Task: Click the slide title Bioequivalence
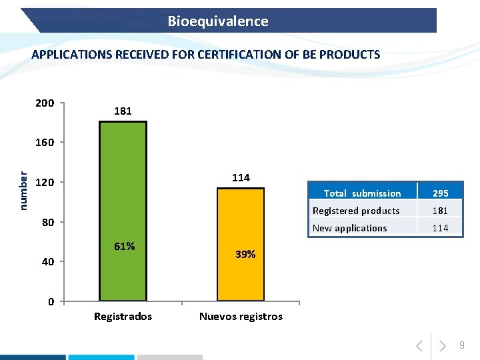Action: click(x=218, y=21)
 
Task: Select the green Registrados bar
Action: click(x=123, y=211)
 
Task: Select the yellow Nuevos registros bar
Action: click(x=240, y=244)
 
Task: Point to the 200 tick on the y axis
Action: click(x=45, y=103)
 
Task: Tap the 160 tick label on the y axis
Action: click(x=45, y=143)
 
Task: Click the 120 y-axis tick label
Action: click(x=45, y=183)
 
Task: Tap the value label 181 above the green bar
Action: click(x=123, y=111)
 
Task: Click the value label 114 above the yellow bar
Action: click(x=241, y=177)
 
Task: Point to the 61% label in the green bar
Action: click(x=124, y=247)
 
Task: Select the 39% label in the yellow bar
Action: click(x=245, y=254)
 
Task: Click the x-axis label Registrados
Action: click(x=123, y=316)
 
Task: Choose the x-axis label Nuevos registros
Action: click(x=241, y=316)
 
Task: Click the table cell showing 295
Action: click(x=441, y=193)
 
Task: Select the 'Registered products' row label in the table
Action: click(x=356, y=211)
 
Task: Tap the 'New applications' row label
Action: click(x=349, y=228)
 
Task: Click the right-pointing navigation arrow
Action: click(x=442, y=346)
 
